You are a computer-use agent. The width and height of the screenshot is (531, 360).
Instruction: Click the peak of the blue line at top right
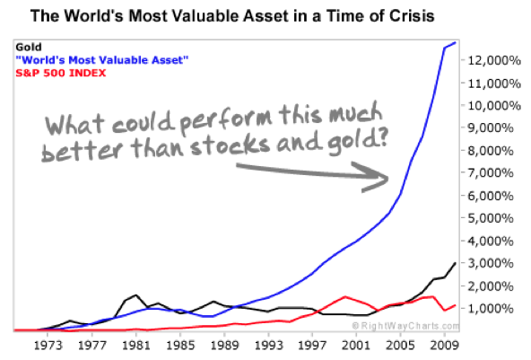tap(456, 42)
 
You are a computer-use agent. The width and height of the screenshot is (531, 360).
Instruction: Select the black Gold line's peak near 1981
tap(136, 294)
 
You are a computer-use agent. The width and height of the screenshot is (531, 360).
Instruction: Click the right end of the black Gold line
tap(456, 264)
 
